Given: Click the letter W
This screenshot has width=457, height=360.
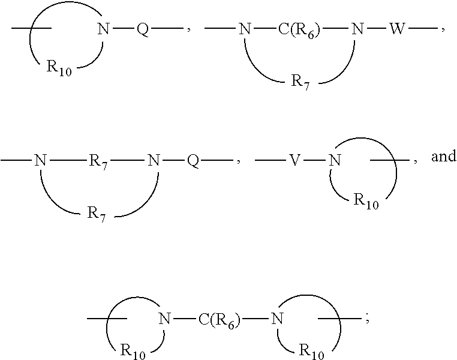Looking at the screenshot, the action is pos(397,29).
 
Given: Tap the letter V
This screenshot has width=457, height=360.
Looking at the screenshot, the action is pos(294,160).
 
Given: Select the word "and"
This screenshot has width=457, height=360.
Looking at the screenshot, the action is pos(444,156).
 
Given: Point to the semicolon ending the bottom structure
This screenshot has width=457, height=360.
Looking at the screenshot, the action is pos(367,320).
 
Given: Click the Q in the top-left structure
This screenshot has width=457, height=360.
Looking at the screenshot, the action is pos(143,29).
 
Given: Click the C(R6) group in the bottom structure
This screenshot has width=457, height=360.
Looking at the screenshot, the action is pos(219,319).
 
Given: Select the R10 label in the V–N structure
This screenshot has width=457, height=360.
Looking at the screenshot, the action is pos(366,202).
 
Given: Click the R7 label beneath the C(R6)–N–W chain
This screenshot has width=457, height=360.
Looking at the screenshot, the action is pos(300,83).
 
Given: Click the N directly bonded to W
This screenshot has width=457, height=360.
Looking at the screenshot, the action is pos(357,29).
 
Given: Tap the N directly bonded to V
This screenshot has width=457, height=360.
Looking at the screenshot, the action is pos(335,160).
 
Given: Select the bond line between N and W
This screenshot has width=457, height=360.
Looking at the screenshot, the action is pos(376,29).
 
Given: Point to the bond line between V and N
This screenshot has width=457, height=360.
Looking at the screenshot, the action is pos(314,160).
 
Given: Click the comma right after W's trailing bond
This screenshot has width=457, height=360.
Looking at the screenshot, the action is pos(443,30).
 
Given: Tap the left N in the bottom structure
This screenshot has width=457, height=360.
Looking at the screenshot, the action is pos(165,319).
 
